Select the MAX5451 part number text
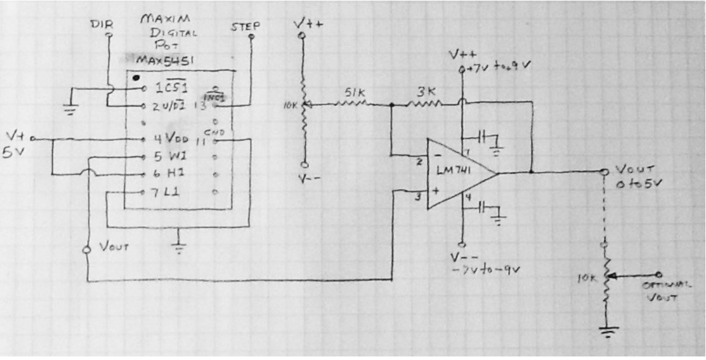tap(160, 61)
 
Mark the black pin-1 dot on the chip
tap(137, 77)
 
